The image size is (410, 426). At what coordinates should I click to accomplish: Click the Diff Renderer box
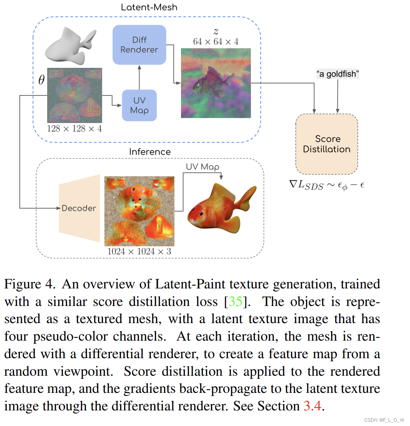coord(139,44)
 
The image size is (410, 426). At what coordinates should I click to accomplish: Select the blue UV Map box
coord(139,105)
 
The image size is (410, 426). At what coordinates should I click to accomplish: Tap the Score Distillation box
coord(327,144)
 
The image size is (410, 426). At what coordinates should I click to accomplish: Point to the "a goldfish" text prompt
coord(337,74)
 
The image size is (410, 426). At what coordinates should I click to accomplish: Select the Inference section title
coord(150,152)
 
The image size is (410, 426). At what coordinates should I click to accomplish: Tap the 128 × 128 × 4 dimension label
coord(74,128)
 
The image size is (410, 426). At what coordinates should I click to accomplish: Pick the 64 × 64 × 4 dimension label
coord(215,41)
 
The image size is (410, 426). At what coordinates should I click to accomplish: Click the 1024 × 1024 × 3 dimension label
coord(139,251)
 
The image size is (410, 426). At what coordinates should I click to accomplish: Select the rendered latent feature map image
coord(216,83)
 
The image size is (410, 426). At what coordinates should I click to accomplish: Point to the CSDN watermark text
coord(384,420)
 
